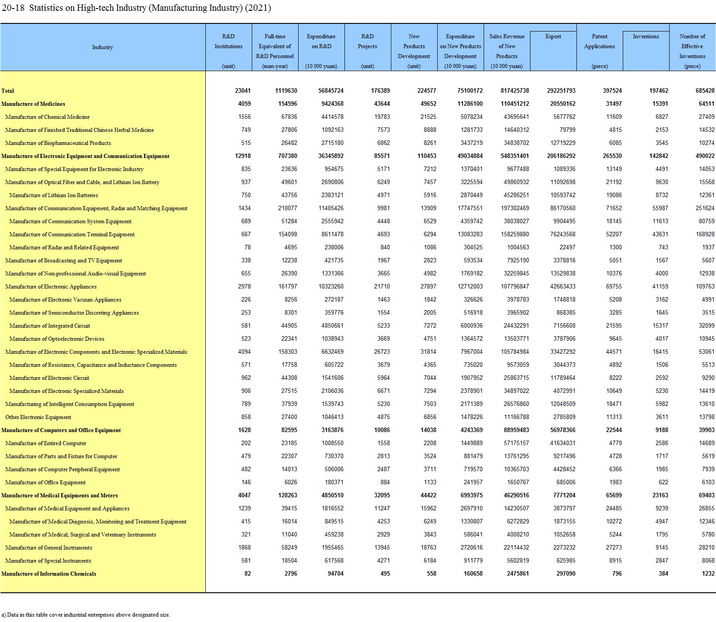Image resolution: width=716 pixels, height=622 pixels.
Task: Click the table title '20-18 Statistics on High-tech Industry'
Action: (x=136, y=8)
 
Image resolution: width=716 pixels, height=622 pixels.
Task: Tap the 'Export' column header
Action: (x=553, y=36)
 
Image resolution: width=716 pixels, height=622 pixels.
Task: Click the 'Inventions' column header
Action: (x=646, y=36)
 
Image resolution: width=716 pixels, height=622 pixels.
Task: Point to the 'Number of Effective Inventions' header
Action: (x=692, y=46)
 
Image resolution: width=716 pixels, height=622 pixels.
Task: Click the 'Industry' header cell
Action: (x=103, y=47)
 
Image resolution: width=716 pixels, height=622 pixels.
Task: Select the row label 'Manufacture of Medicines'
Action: (x=33, y=104)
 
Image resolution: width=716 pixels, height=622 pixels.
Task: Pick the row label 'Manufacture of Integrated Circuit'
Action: (x=50, y=326)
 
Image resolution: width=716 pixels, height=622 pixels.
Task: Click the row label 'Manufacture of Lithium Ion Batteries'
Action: (x=54, y=195)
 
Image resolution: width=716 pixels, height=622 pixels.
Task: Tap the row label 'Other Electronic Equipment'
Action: (x=38, y=417)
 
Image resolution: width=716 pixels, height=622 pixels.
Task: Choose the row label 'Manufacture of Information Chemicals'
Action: (x=49, y=574)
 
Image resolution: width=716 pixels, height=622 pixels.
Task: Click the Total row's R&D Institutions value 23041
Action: (x=243, y=91)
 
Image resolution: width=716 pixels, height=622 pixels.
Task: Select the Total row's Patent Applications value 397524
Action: (x=612, y=91)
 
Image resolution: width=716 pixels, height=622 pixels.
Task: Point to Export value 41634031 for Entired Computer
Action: (x=562, y=443)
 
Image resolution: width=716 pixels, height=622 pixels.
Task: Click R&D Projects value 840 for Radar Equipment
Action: (x=384, y=248)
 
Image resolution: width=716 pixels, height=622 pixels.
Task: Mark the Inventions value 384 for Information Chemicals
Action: (x=663, y=574)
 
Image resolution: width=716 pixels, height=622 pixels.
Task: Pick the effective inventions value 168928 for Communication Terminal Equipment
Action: (x=705, y=234)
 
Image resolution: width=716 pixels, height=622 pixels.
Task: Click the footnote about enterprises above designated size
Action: (x=86, y=615)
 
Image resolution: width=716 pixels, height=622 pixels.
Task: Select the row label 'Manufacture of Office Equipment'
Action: (x=45, y=482)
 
